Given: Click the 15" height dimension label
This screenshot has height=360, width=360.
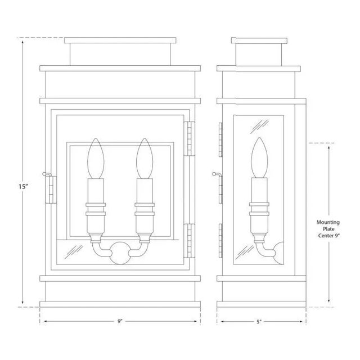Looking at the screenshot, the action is click(x=23, y=186).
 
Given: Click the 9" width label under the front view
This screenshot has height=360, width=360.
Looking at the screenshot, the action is click(x=120, y=321).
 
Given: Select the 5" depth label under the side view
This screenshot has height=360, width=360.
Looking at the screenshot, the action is click(x=259, y=322).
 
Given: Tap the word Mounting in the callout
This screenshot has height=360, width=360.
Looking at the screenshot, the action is click(x=328, y=222).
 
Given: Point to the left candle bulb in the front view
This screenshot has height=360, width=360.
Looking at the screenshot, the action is click(x=96, y=158).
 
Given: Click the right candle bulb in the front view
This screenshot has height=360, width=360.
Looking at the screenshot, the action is click(x=145, y=158).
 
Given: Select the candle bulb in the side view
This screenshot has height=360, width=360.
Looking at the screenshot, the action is click(x=259, y=157).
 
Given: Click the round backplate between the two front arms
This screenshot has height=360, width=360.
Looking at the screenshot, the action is click(x=120, y=253).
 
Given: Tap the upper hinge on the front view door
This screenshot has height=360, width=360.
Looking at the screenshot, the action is click(x=190, y=139).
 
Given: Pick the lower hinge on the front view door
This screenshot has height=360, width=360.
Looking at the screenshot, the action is click(x=190, y=241).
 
